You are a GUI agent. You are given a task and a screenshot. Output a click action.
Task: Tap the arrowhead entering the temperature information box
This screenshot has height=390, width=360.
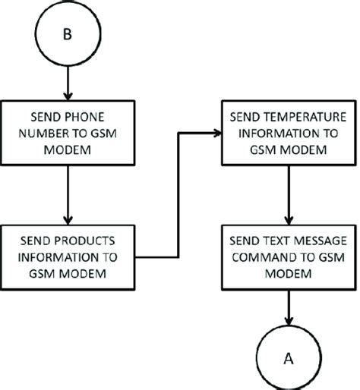pos(216,134)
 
